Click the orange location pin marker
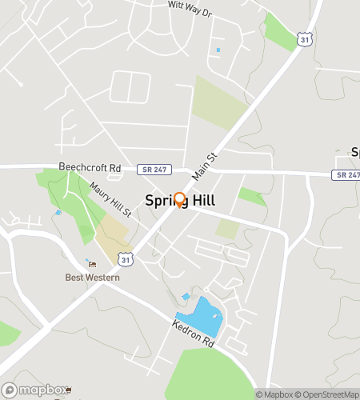coord(179,200)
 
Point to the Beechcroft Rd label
coord(90,169)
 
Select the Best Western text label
coord(93,278)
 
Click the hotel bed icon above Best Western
coord(92,265)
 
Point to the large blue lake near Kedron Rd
coord(206,314)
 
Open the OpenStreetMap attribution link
coord(327,394)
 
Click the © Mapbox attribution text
coord(274,394)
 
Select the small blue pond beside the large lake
coord(186,297)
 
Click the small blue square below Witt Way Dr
coord(218,50)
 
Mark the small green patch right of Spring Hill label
coord(251,196)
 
